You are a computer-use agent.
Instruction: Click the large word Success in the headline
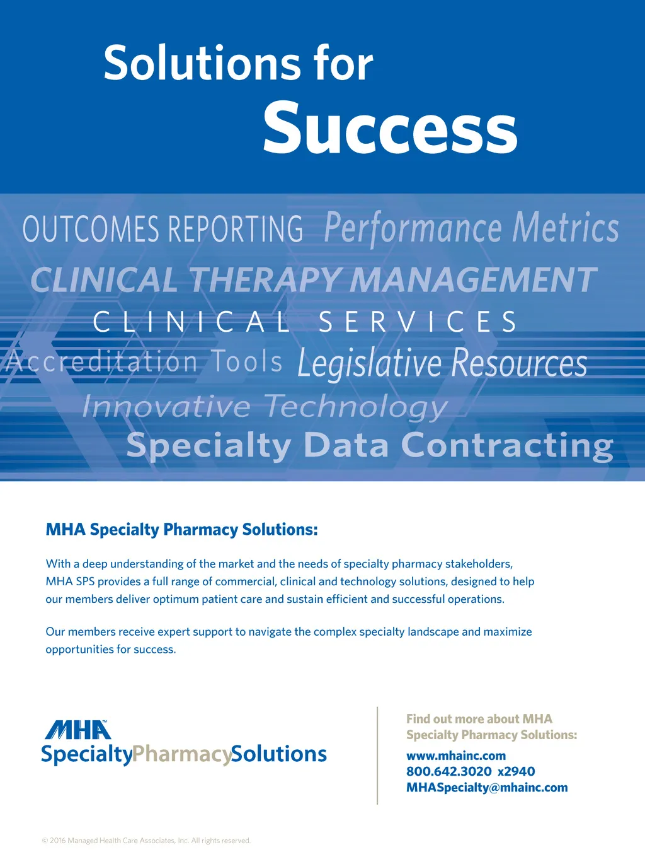(391, 127)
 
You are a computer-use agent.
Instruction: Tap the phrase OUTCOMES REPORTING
(163, 229)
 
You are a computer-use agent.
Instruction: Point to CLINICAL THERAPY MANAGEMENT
(314, 279)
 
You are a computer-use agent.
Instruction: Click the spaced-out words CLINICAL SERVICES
(305, 322)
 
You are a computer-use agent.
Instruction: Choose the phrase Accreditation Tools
(144, 361)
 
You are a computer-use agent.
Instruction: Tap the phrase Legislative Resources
(442, 363)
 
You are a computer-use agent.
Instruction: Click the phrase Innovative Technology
(265, 407)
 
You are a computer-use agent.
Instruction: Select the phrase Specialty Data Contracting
(370, 446)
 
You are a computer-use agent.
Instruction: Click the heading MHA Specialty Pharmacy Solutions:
(181, 530)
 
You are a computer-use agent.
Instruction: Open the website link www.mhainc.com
(456, 756)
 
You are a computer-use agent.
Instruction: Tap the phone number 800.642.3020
(449, 771)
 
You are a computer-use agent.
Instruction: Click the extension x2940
(516, 771)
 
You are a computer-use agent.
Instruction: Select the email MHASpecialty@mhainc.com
(487, 787)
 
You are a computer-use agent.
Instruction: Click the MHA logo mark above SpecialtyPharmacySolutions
(77, 730)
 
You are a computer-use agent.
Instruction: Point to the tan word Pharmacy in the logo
(181, 754)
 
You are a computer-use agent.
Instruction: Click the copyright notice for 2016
(146, 841)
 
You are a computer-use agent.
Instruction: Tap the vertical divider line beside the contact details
(377, 756)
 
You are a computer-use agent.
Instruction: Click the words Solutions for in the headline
(239, 63)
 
